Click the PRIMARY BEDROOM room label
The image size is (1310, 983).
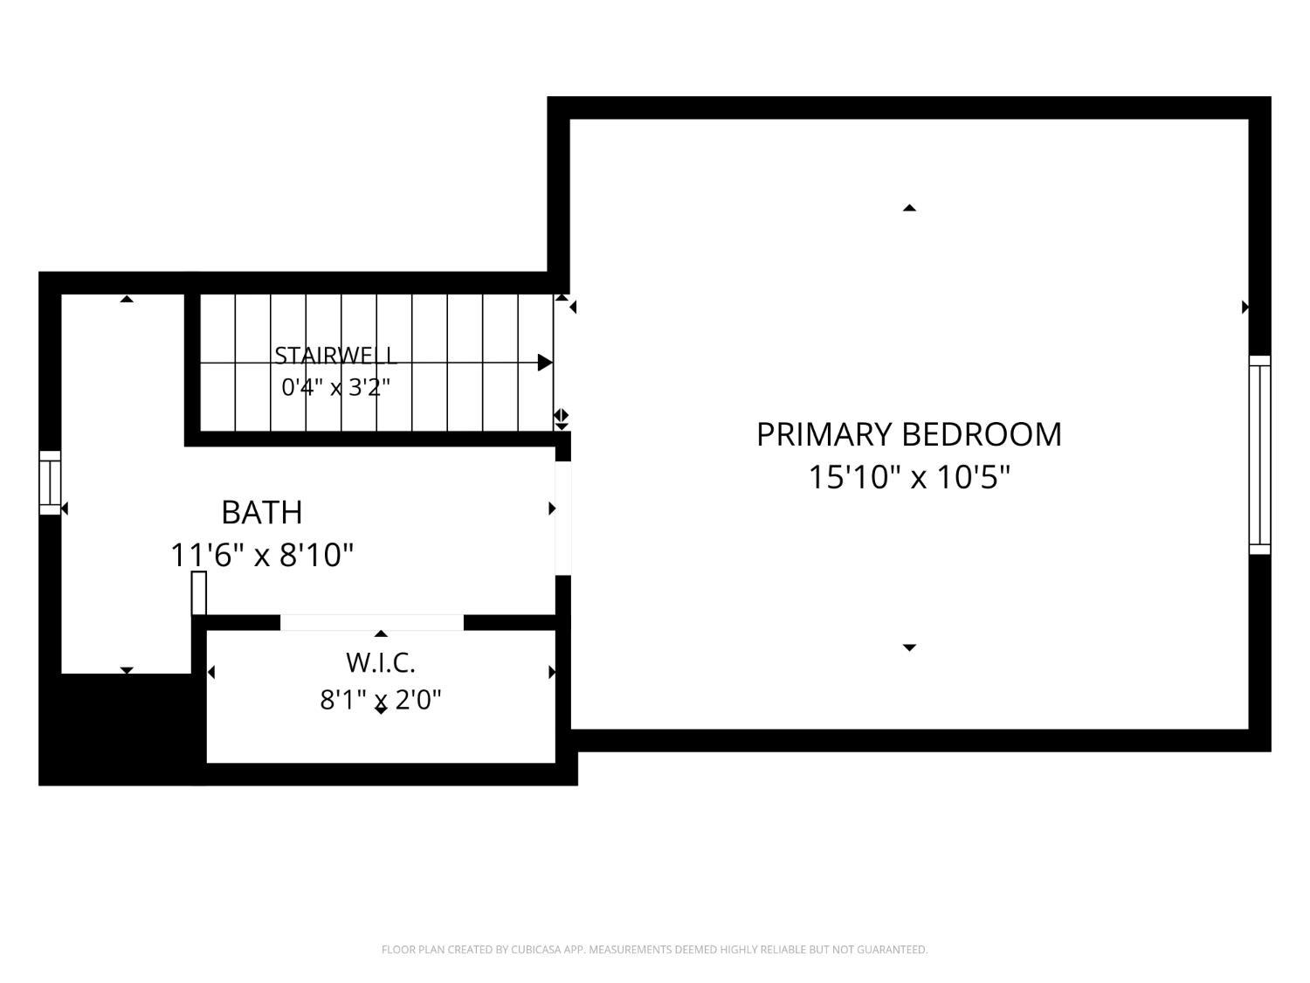(908, 434)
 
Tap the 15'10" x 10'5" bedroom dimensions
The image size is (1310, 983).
(909, 477)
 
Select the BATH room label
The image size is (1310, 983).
(261, 512)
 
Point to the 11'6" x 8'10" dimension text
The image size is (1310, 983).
(262, 555)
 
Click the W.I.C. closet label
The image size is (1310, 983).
(380, 662)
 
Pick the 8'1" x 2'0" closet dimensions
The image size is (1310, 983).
(380, 700)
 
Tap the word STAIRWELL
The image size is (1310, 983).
(335, 356)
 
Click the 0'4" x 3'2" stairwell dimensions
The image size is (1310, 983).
(335, 387)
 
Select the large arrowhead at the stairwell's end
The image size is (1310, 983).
(545, 363)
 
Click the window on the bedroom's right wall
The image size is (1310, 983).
(1260, 454)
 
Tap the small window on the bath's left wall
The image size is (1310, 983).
(50, 482)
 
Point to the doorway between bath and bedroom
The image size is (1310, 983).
(563, 518)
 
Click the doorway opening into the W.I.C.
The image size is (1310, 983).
(372, 622)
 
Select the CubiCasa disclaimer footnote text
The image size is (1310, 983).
(655, 949)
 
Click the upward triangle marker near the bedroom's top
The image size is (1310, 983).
(909, 208)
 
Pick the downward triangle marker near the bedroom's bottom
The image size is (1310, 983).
(909, 647)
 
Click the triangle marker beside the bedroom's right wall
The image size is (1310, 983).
(1245, 307)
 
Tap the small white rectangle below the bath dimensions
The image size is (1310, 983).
(199, 592)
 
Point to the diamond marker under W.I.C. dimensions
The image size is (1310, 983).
(381, 709)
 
